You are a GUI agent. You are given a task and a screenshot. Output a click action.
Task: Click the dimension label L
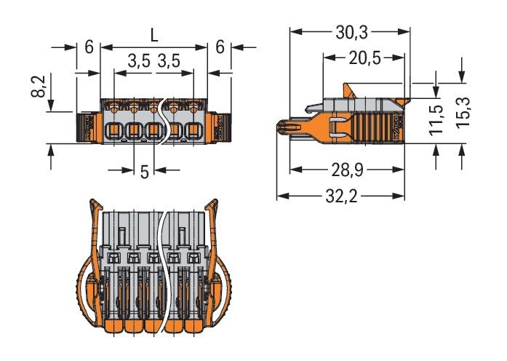tap(153, 33)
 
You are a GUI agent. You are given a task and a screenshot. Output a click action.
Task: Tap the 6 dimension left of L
tap(88, 47)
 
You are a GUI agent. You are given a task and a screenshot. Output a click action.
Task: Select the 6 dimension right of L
tap(219, 47)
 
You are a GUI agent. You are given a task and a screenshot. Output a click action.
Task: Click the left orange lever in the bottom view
tap(90, 262)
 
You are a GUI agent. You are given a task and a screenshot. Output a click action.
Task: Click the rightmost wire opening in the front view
tap(193, 132)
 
